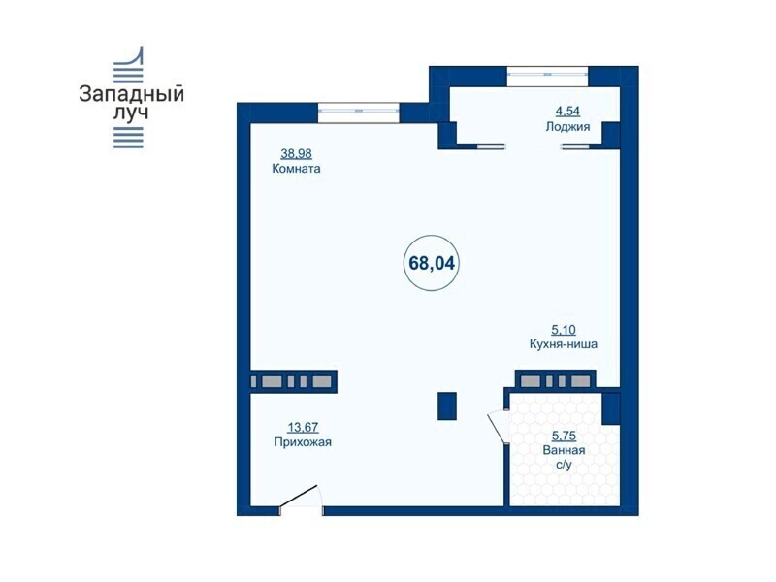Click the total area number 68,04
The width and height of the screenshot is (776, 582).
click(432, 263)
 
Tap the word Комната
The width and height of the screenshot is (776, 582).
click(296, 168)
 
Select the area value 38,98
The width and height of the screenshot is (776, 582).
click(296, 153)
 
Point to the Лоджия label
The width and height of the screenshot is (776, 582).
click(567, 127)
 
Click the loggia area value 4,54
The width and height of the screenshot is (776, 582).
click(567, 112)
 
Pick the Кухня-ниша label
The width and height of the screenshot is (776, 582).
click(564, 343)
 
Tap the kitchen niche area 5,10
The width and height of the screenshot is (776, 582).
click(564, 329)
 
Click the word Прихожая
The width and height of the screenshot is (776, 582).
click(303, 442)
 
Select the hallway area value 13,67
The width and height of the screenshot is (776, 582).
click(303, 427)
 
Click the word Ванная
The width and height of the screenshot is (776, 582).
click(564, 450)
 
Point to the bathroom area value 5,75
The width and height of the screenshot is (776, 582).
click(564, 436)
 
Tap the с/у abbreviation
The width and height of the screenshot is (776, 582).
click(564, 465)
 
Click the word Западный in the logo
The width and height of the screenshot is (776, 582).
click(131, 94)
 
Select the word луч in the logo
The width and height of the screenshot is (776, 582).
click(131, 113)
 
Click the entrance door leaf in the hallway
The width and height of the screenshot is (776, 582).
click(299, 496)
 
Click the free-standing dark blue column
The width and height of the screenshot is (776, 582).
click(447, 405)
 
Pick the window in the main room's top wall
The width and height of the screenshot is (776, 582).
click(358, 113)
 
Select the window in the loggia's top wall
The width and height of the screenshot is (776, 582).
click(547, 77)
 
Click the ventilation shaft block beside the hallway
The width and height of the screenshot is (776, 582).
click(294, 381)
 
